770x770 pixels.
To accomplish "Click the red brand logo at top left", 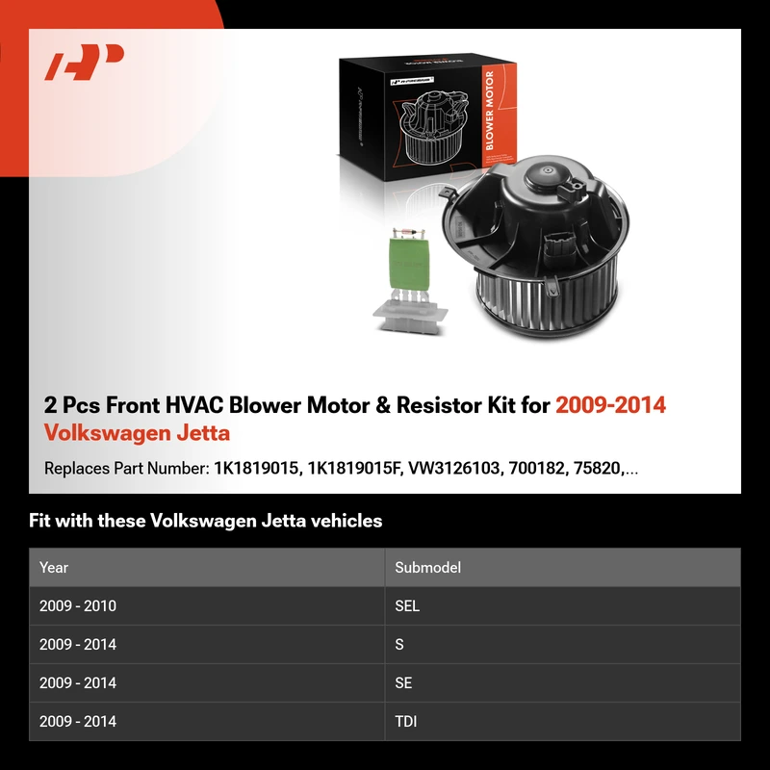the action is click(x=84, y=62).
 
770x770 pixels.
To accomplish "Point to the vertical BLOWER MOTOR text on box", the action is click(x=489, y=110).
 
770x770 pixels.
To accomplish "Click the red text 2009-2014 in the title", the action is click(x=610, y=405).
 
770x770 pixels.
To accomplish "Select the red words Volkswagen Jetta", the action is click(x=137, y=433).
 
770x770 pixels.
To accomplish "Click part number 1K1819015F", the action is click(x=352, y=469).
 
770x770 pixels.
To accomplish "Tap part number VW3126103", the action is click(x=453, y=469).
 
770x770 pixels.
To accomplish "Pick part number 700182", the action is click(x=537, y=469).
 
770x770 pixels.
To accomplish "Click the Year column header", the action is click(x=54, y=568).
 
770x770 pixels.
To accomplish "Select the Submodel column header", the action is click(x=427, y=568).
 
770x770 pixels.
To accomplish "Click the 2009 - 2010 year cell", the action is click(x=78, y=606).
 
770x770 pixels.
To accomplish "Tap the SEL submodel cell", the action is click(x=407, y=606).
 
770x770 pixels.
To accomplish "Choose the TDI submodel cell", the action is click(x=405, y=721).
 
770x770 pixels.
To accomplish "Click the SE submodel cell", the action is click(x=403, y=683).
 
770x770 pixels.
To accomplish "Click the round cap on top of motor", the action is click(x=546, y=175).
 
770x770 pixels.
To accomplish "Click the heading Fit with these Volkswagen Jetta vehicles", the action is click(x=205, y=521).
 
